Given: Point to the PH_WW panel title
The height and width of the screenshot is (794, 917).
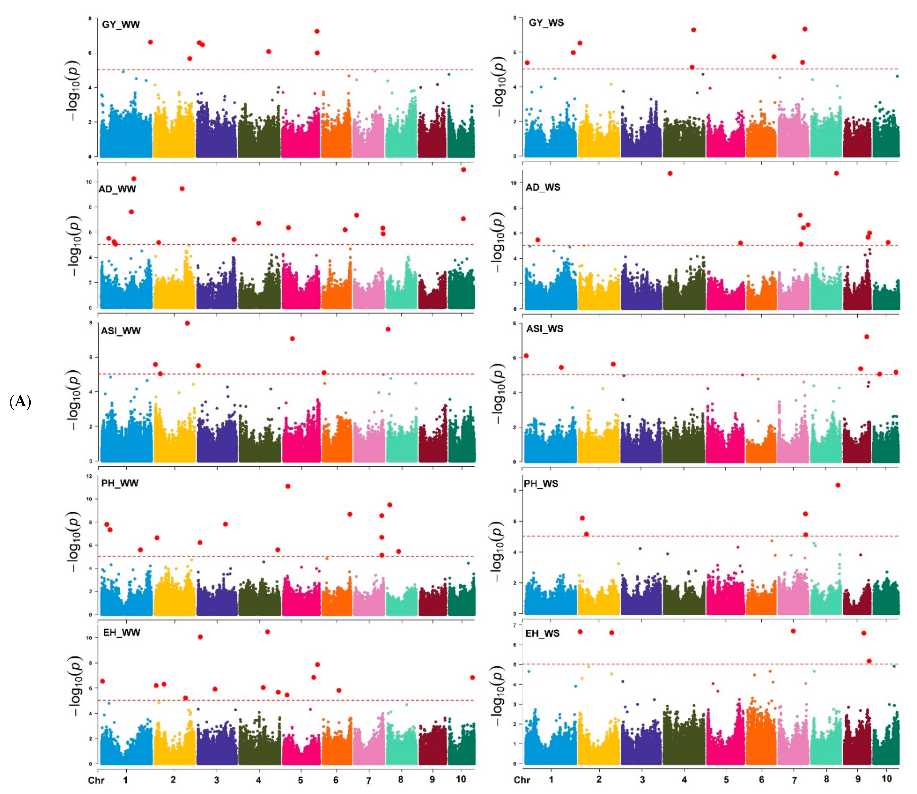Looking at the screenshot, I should pos(119,483).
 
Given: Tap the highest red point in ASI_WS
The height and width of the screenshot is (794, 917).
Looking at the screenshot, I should pos(867,337).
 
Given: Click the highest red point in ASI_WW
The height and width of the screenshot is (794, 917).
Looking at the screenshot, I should pos(187,323).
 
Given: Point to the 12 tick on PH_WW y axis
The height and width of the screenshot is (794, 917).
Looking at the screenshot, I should pos(89,476).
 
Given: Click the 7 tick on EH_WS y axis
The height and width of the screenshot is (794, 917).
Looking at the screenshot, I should pos(514,625).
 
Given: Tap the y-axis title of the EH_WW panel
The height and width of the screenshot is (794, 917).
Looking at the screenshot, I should pos(75,686).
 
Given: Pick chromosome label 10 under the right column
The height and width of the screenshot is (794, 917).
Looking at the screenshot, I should pos(887,779).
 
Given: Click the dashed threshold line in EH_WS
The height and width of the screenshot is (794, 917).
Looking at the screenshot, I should pos(708,664).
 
